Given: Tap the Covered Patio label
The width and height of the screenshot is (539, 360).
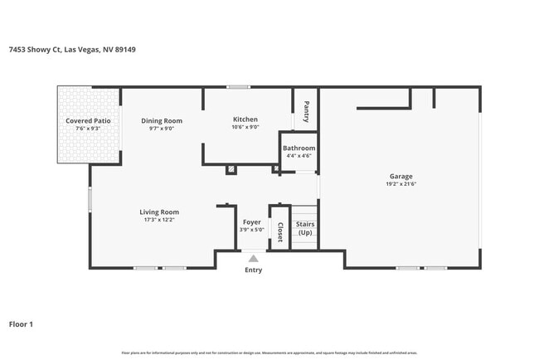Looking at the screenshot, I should tap(88, 121).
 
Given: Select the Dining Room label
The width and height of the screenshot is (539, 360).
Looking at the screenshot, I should tap(162, 121).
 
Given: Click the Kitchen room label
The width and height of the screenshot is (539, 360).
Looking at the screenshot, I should tap(245, 119).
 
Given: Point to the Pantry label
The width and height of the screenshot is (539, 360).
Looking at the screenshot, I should tap(306, 111).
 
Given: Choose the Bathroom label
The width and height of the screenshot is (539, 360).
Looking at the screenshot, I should tap(299, 148).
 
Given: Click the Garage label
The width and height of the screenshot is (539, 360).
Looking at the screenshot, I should tap(401, 176).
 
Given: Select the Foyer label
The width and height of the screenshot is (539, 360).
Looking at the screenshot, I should tap(252, 222).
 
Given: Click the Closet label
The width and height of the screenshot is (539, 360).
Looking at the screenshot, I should tap(280, 231).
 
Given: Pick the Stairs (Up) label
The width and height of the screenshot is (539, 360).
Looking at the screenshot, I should tap(305, 228).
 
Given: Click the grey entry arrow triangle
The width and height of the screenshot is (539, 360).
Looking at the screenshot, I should tap(253, 259).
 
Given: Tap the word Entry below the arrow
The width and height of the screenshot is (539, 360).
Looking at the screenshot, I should tap(253, 270).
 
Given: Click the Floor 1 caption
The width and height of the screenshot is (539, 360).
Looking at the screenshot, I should tap(21, 324).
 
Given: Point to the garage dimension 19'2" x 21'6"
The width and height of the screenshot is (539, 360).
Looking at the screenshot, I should tap(401, 184).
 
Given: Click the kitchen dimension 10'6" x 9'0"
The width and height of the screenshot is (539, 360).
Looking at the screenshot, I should tap(245, 127).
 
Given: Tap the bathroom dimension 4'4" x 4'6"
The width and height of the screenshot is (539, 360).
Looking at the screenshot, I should tap(299, 155).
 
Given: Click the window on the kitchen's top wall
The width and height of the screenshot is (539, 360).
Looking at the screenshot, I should tap(239, 86).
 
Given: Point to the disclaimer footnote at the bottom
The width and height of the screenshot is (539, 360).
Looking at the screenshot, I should tap(269, 353).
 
